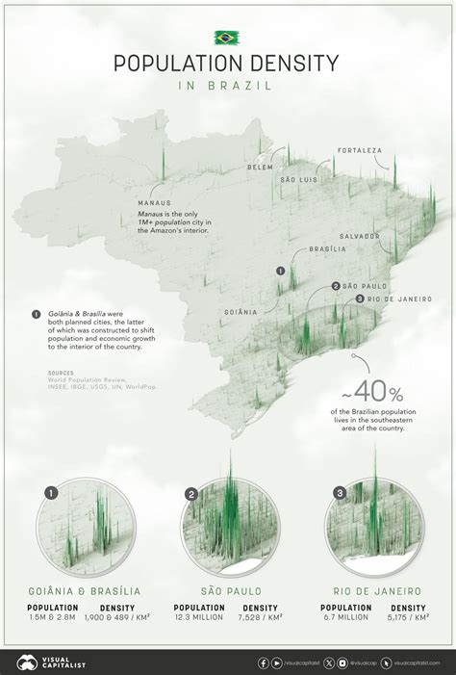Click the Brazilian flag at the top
pyautogui.click(x=227, y=38)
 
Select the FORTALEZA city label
pyautogui.click(x=359, y=151)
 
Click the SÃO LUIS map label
pyautogui.click(x=299, y=180)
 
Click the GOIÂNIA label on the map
pyautogui.click(x=241, y=312)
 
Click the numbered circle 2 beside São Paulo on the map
pyautogui.click(x=335, y=286)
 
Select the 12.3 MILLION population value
pyautogui.click(x=199, y=619)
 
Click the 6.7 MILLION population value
pyautogui.click(x=346, y=619)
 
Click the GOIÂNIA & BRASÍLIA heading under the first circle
pyautogui.click(x=85, y=590)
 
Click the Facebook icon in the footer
pyautogui.click(x=264, y=662)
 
